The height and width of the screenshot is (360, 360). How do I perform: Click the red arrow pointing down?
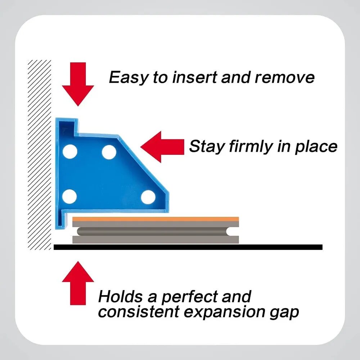tap(78, 84)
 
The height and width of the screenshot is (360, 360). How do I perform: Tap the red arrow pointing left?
tap(162, 147)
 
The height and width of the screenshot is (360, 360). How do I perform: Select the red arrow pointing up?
tap(78, 283)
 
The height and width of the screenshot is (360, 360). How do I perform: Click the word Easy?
tap(128, 78)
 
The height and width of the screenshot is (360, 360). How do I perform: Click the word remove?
tap(285, 77)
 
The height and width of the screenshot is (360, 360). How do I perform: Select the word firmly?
tap(251, 147)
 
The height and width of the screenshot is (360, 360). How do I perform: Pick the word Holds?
tap(121, 296)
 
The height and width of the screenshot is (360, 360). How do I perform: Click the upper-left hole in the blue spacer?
tap(70, 152)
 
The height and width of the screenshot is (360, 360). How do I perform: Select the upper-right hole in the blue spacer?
tap(109, 152)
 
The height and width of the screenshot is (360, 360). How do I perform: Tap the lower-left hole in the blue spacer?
tap(69, 197)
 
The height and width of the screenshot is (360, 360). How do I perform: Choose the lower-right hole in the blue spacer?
tap(148, 197)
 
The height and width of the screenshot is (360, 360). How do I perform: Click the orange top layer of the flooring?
tap(156, 219)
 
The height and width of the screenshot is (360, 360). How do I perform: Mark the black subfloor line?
tap(188, 247)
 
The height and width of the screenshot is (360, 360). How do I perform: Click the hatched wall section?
tap(40, 155)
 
